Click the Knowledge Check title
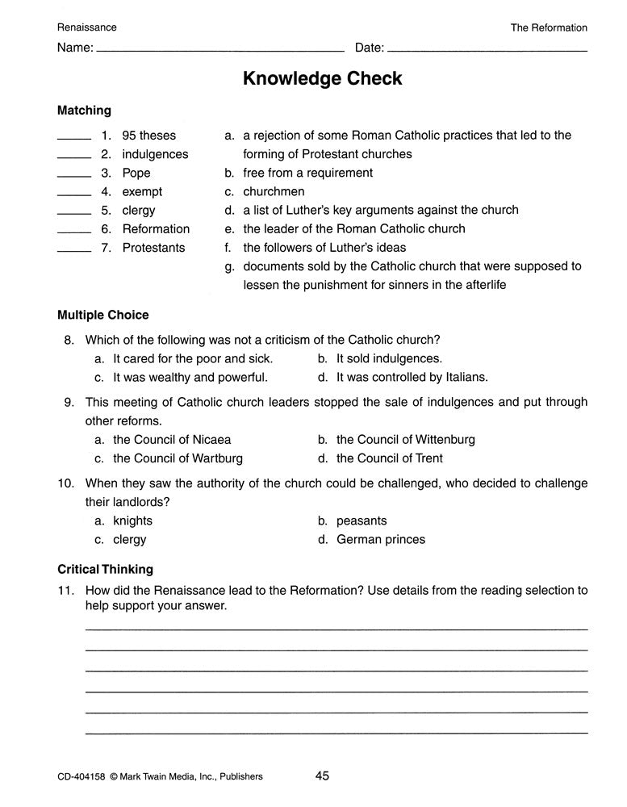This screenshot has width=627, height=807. (x=322, y=78)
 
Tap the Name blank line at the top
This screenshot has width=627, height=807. (x=219, y=50)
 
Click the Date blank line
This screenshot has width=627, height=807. (x=487, y=50)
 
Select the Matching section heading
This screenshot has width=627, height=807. (x=84, y=111)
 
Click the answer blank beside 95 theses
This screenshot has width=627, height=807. (x=74, y=137)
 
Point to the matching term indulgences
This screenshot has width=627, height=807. (x=155, y=154)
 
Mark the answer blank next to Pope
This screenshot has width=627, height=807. (x=74, y=175)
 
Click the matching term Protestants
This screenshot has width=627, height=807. (x=153, y=248)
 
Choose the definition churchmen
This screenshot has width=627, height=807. (x=274, y=191)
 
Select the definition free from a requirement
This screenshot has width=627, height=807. (x=307, y=173)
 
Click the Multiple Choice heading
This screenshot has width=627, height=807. (x=103, y=315)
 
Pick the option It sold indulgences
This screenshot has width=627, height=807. (x=389, y=358)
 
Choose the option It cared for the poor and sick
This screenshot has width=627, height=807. (x=193, y=358)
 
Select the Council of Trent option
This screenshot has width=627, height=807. (x=389, y=458)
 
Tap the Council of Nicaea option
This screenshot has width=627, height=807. (x=172, y=440)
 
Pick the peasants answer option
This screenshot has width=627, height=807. (x=362, y=521)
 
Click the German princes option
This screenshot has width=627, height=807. (x=380, y=539)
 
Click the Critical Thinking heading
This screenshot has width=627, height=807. (x=105, y=569)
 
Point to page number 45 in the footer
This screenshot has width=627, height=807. (x=322, y=776)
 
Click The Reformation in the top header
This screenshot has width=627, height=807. (x=549, y=27)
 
